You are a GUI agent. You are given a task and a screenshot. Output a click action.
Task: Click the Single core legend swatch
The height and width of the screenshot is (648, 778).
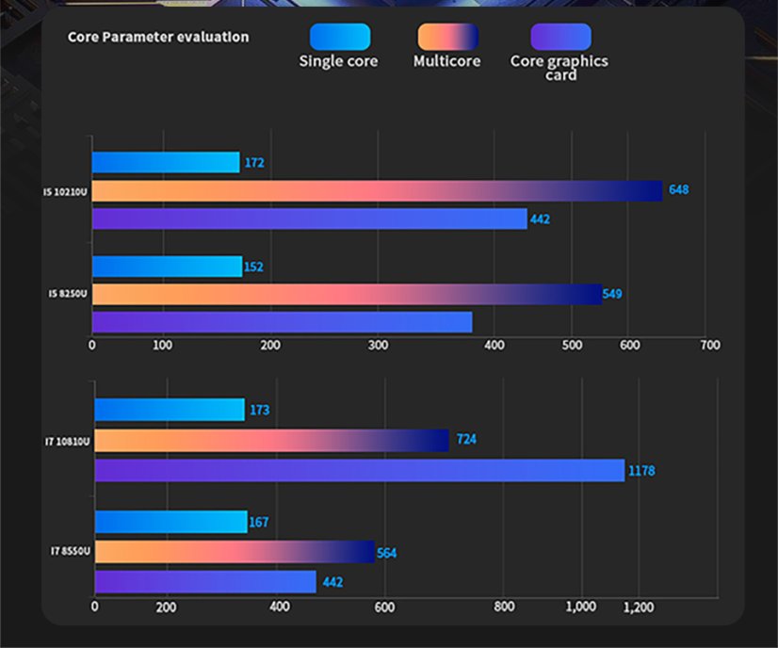pyautogui.click(x=339, y=37)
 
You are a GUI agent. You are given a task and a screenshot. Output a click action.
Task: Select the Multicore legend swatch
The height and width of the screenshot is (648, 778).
pyautogui.click(x=447, y=37)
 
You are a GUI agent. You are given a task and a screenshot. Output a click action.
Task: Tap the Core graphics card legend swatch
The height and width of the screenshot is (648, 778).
pyautogui.click(x=560, y=37)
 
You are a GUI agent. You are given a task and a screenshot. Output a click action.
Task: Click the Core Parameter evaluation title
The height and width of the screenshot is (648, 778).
pyautogui.click(x=158, y=38)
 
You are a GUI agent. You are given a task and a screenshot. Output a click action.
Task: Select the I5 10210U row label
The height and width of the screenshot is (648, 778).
pyautogui.click(x=65, y=192)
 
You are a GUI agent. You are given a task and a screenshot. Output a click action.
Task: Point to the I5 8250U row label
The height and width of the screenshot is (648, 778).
pyautogui.click(x=68, y=294)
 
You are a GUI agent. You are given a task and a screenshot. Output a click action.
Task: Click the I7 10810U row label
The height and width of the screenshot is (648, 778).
pyautogui.click(x=68, y=440)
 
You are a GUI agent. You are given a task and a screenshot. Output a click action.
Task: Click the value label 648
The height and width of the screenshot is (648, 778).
pyautogui.click(x=678, y=190)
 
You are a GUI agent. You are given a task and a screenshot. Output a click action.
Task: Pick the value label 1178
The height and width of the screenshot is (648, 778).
pyautogui.click(x=641, y=470)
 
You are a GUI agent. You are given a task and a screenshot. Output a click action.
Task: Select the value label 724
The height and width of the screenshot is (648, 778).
pyautogui.click(x=466, y=440)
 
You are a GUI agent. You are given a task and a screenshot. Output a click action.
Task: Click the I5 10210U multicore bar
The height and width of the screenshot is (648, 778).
pyautogui.click(x=377, y=190)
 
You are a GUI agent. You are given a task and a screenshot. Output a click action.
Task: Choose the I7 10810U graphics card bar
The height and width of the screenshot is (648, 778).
pyautogui.click(x=359, y=470)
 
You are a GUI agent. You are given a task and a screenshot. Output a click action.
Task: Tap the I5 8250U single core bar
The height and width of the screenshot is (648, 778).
pyautogui.click(x=167, y=267)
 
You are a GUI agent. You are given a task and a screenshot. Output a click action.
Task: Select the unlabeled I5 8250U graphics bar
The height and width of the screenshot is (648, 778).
pyautogui.click(x=282, y=322)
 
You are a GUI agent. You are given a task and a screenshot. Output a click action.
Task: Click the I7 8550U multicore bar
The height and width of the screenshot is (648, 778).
pyautogui.click(x=235, y=552)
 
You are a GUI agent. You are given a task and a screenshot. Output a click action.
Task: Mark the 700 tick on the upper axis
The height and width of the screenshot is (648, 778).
pyautogui.click(x=710, y=346)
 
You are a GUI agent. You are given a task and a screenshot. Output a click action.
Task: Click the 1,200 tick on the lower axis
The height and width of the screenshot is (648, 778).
pyautogui.click(x=638, y=607)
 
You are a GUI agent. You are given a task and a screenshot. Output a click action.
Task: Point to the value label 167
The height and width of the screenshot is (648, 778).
pyautogui.click(x=260, y=523)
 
